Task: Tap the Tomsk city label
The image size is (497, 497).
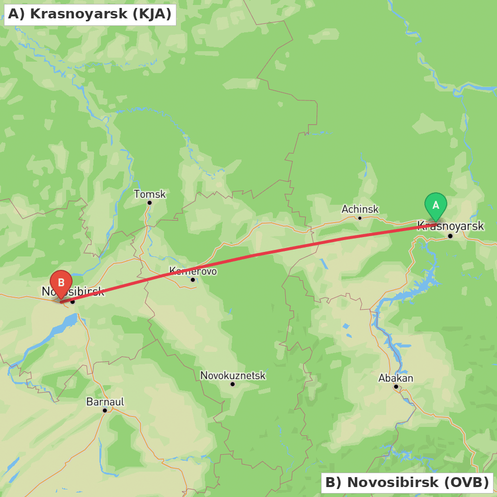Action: (150, 194)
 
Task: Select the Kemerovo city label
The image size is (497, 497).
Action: (193, 271)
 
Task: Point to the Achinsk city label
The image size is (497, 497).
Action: (360, 209)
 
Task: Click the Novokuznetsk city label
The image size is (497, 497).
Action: (233, 375)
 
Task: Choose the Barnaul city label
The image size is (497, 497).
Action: (105, 402)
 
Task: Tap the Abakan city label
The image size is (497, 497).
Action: (396, 378)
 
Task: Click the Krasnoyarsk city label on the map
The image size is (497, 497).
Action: (450, 226)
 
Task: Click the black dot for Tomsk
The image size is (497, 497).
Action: (149, 203)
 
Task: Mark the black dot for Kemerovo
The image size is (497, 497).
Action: (193, 279)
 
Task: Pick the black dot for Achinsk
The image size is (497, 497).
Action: (360, 218)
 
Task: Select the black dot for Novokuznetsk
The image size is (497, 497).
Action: (232, 384)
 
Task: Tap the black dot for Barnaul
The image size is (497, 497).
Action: (105, 410)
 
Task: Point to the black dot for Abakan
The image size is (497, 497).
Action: (396, 386)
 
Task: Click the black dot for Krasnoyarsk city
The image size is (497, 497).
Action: (450, 236)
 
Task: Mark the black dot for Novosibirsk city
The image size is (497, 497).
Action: (73, 301)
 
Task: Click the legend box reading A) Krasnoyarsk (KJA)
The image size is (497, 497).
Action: (90, 14)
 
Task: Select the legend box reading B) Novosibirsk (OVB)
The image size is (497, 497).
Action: (407, 482)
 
